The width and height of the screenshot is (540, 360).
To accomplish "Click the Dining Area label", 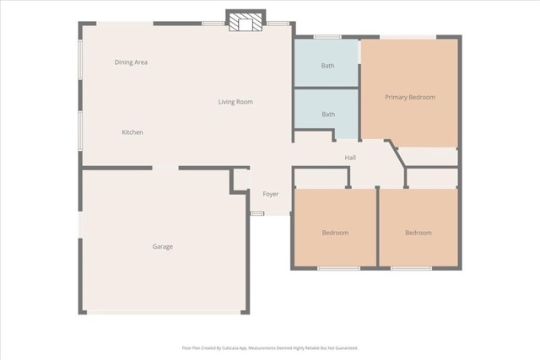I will tap(131, 62).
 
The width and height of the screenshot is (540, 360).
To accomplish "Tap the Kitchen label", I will tap(132, 132).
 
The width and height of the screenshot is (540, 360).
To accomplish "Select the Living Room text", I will tap(235, 102).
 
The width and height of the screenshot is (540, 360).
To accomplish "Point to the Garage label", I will tap(162, 246).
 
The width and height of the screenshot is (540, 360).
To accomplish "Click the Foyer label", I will tap(270, 194).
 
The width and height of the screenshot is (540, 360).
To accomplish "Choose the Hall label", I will tap(350, 158).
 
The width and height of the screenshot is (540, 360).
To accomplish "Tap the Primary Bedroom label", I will tap(409, 97).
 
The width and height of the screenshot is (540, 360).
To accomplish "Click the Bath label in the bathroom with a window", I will tap(327, 66).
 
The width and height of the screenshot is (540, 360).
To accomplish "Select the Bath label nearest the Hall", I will tap(327, 114).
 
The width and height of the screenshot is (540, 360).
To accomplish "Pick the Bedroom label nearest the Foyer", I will tap(335, 233).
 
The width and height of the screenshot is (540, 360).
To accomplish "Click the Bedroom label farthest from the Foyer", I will tap(418, 233).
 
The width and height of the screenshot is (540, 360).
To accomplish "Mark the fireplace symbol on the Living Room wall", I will tap(246, 23).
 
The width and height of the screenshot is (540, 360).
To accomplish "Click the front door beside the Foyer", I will tap(257, 212).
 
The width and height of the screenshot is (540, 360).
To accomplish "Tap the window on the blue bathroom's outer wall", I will tap(327, 36).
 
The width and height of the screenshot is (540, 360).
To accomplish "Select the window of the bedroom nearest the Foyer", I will tap(337, 268).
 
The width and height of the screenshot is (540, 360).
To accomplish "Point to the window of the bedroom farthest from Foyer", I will tap(412, 268).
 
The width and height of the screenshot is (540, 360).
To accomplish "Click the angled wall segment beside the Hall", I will tap(394, 154).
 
